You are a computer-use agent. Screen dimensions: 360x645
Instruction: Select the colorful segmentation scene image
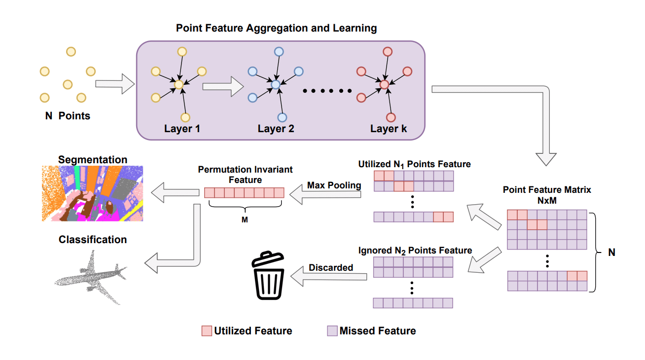pyautogui.click(x=92, y=193)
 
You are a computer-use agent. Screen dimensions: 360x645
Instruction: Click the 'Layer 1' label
pyautogui.click(x=182, y=129)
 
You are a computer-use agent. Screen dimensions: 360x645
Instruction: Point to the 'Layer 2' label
pyautogui.click(x=276, y=129)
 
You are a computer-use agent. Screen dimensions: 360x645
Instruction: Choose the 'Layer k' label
pyautogui.click(x=389, y=129)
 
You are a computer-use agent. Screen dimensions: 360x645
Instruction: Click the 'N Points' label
pyautogui.click(x=68, y=116)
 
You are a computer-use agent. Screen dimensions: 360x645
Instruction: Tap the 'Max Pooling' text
pyautogui.click(x=334, y=185)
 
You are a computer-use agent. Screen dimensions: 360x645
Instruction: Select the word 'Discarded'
pyautogui.click(x=331, y=268)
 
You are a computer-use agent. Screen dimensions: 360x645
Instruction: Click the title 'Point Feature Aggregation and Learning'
pyautogui.click(x=276, y=28)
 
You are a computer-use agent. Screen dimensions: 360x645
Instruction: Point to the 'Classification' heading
pyautogui.click(x=93, y=240)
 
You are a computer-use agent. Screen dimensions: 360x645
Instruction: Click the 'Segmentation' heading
pyautogui.click(x=93, y=160)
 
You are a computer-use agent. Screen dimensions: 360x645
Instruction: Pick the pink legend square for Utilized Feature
pyautogui.click(x=206, y=331)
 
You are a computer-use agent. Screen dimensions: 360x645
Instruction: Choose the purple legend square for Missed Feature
pyautogui.click(x=332, y=331)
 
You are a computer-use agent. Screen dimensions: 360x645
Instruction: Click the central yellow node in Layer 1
pyautogui.click(x=179, y=85)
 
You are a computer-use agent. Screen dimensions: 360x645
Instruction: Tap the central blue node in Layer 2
pyautogui.click(x=276, y=85)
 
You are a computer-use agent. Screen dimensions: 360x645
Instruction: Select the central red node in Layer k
pyautogui.click(x=385, y=85)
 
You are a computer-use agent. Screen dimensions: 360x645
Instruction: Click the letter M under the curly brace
pyautogui.click(x=245, y=220)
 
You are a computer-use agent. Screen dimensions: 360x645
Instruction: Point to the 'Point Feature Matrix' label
pyautogui.click(x=546, y=190)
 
